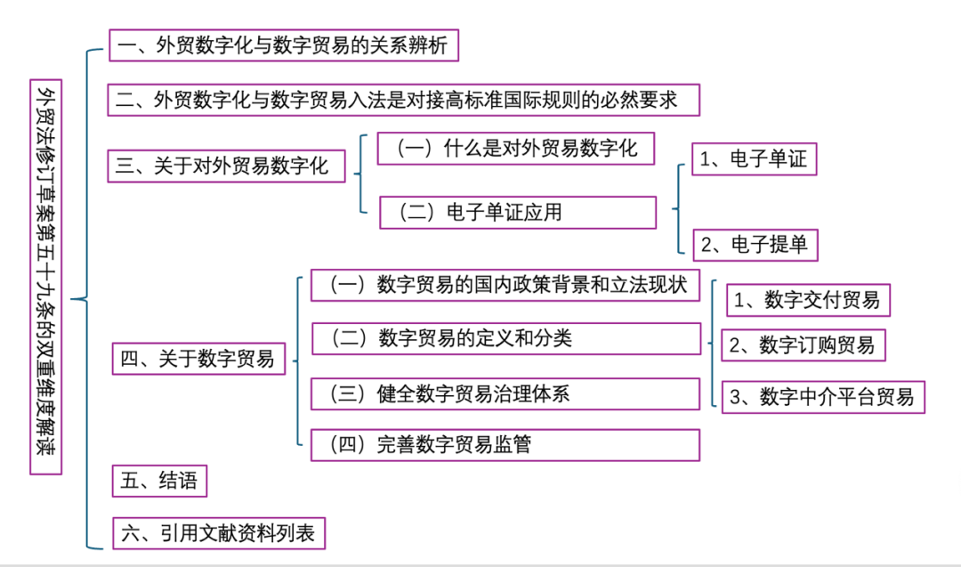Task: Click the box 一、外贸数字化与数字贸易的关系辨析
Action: [284, 45]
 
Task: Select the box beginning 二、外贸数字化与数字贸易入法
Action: [404, 100]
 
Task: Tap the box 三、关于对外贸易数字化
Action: [227, 166]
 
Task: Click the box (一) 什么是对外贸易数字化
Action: [515, 148]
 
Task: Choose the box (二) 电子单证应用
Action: [517, 213]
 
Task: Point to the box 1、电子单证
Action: [753, 159]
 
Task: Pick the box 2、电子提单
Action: [754, 245]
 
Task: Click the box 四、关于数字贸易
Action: [198, 360]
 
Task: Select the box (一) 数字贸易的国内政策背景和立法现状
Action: [505, 285]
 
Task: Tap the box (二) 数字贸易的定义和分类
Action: [505, 338]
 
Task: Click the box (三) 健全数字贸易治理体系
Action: [505, 394]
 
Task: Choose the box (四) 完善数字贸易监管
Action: [505, 444]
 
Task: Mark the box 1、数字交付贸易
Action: [807, 301]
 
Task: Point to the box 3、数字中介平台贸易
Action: [822, 397]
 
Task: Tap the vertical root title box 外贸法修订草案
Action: [44, 276]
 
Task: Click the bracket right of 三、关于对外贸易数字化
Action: [360, 174]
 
